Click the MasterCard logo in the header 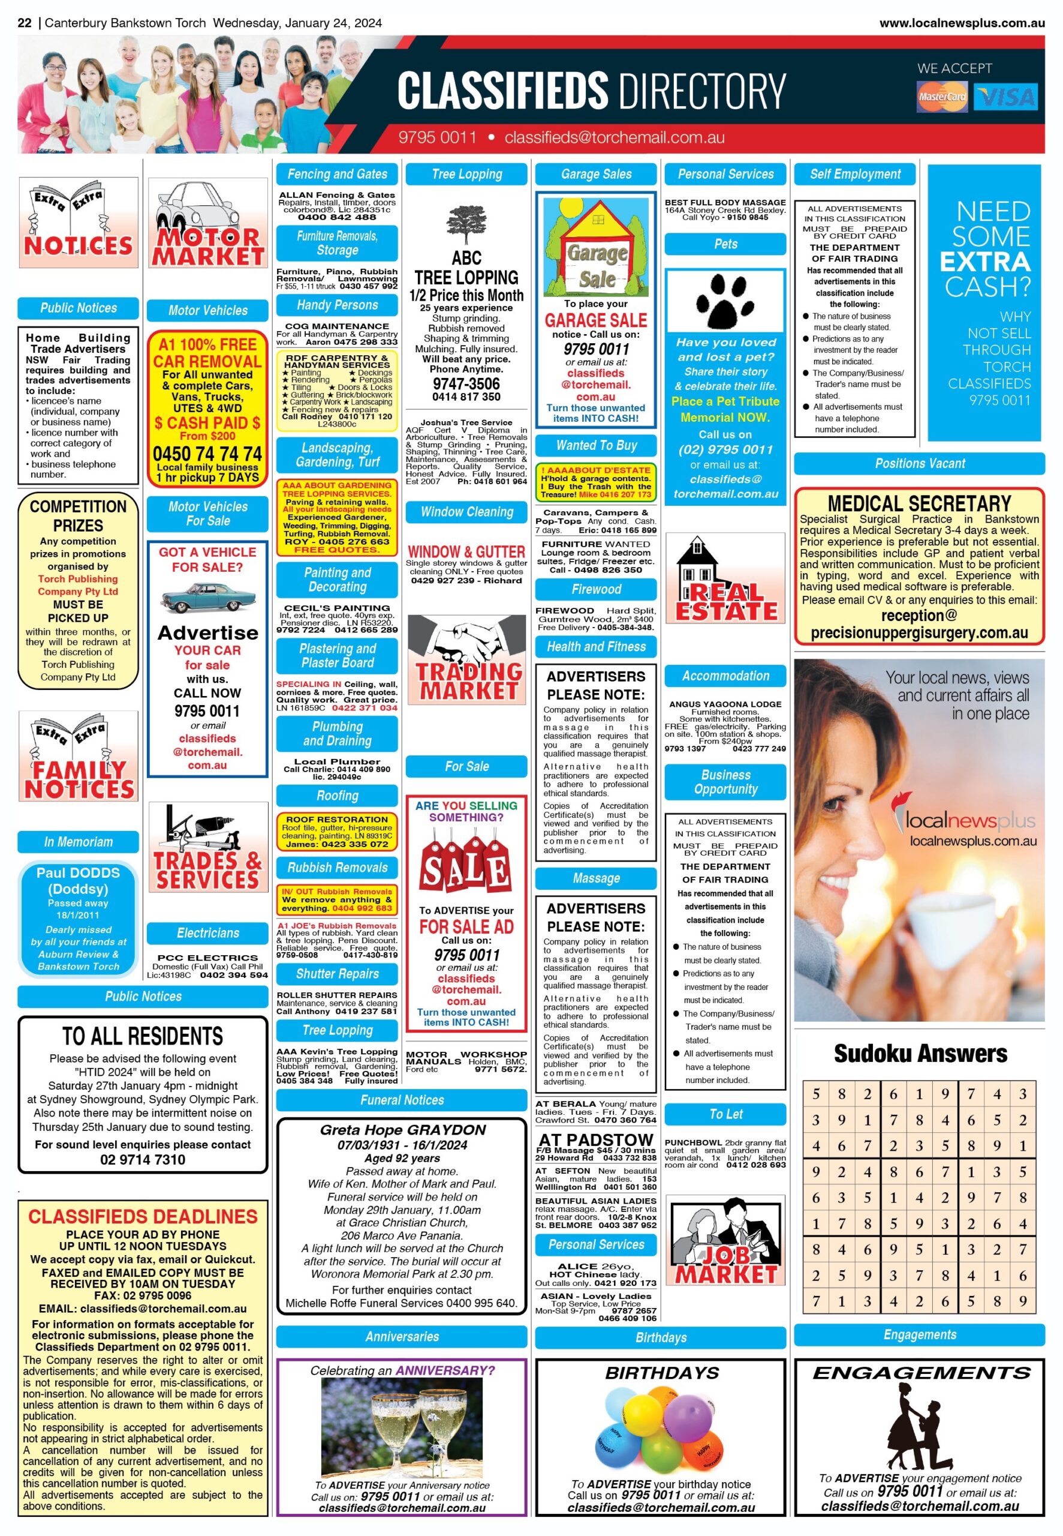click(x=942, y=96)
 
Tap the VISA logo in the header click(x=1005, y=97)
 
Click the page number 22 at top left click(x=25, y=23)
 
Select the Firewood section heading click(x=596, y=589)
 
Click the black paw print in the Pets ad click(x=725, y=297)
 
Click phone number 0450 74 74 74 click(x=207, y=454)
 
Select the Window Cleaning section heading click(x=466, y=512)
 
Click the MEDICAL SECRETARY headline click(x=919, y=503)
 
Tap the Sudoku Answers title click(x=920, y=1054)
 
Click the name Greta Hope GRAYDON click(x=402, y=1130)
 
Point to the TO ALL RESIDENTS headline click(x=143, y=1036)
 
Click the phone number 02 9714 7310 click(x=143, y=1159)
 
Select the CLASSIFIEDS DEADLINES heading click(x=143, y=1216)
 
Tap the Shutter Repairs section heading click(x=337, y=974)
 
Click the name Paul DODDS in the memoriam click(x=78, y=872)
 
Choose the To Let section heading click(x=725, y=1114)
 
